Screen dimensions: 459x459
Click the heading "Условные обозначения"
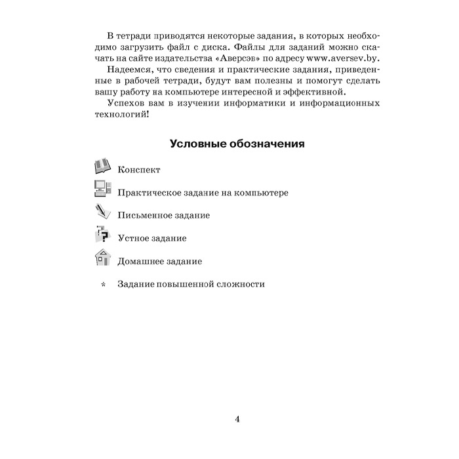[229, 142]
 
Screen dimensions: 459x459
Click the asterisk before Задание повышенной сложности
[102, 285]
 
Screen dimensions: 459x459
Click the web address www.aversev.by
[338, 58]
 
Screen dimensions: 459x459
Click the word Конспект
[140, 170]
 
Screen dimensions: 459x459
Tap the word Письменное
[144, 216]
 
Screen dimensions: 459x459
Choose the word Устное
[133, 239]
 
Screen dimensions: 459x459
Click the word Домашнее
[141, 262]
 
